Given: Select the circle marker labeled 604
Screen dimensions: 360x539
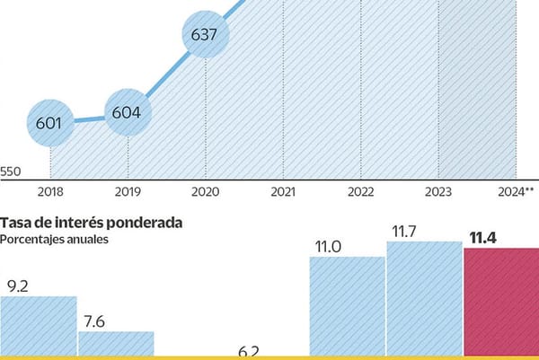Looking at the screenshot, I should tap(128, 114).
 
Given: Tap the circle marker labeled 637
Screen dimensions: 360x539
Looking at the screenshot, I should tap(206, 37).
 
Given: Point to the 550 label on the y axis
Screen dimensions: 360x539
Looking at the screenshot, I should tap(12, 171).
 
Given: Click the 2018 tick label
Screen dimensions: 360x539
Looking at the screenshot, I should tap(50, 192).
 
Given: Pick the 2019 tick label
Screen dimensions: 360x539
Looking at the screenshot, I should tap(128, 192).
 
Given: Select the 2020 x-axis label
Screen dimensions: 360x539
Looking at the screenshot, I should tap(206, 192).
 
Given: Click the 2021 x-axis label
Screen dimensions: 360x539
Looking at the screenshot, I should tap(283, 192).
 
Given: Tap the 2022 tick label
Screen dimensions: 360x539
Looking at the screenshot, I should tap(361, 192).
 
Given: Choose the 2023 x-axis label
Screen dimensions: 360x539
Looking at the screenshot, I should tap(438, 192).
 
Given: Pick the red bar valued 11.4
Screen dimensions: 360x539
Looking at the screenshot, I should tap(500, 301).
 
